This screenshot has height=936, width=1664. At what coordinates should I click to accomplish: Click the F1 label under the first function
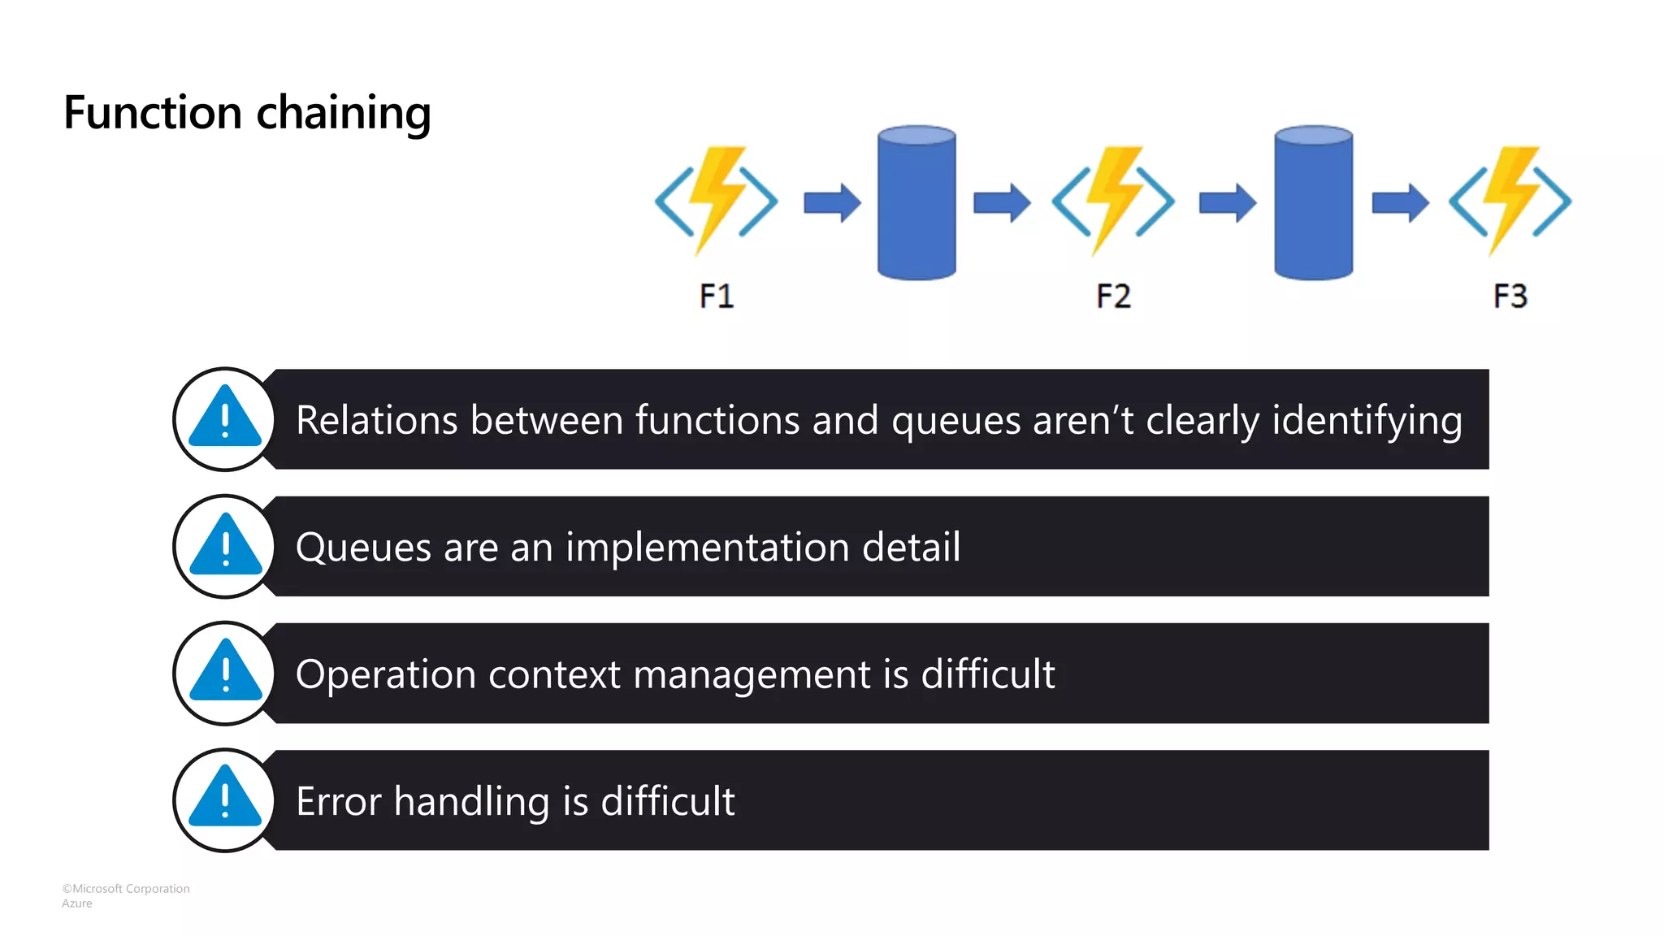[x=717, y=296]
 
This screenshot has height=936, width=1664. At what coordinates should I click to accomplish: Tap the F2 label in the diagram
[x=1113, y=296]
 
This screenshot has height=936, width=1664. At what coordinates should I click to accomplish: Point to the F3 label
[x=1510, y=296]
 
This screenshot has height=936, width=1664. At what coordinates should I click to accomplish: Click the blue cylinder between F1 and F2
[x=916, y=203]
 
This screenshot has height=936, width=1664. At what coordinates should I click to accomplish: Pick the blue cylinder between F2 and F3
[x=1313, y=203]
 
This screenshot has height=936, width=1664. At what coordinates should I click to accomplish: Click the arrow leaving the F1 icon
[x=832, y=202]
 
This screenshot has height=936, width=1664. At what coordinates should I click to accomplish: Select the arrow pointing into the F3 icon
[x=1400, y=202]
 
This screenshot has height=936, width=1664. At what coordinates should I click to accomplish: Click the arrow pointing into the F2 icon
[x=1002, y=202]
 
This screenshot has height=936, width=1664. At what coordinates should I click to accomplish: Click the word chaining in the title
[x=343, y=113]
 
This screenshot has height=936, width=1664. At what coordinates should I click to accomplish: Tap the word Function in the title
[x=153, y=112]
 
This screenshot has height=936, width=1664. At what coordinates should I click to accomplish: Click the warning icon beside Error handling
[x=225, y=799]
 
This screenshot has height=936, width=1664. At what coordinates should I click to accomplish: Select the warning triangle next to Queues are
[x=225, y=546]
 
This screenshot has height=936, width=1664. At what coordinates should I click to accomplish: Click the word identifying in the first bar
[x=1367, y=421]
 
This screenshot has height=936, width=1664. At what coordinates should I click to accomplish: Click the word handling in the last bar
[x=471, y=802]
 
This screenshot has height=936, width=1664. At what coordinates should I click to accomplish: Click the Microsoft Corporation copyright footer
[x=126, y=889]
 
